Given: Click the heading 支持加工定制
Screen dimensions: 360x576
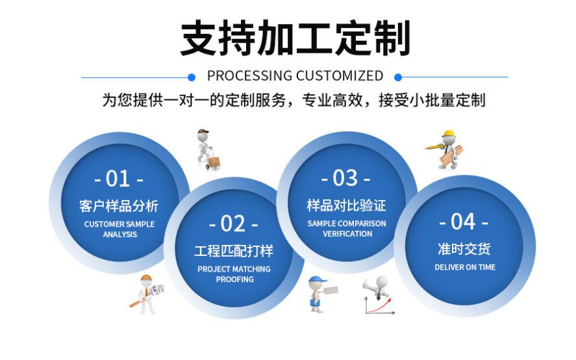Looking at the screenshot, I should [295, 38].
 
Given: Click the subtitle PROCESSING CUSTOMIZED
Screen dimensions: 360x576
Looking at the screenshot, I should [295, 76].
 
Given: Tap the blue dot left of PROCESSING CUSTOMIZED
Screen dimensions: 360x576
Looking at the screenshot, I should [191, 77].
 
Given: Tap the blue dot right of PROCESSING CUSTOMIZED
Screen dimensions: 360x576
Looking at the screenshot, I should [398, 77].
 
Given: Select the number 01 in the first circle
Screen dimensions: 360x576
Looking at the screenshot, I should [119, 178].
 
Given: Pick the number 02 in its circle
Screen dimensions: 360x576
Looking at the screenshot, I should [233, 224].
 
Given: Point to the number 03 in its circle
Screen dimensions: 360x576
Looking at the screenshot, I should [345, 177].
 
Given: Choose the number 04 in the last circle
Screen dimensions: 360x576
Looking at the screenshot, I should [464, 222].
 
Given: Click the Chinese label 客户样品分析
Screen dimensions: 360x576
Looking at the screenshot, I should [119, 206].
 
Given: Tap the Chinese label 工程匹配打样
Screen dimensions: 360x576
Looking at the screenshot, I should [234, 251].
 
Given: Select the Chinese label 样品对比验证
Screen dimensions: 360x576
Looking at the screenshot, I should [346, 205].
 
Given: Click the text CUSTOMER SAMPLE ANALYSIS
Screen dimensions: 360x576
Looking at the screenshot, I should [119, 229].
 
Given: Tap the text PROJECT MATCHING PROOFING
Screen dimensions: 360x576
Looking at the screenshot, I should [234, 274].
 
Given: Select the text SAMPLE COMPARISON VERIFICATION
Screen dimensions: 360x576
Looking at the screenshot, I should [347, 228].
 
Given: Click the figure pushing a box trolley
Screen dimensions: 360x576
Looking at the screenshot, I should [208, 149].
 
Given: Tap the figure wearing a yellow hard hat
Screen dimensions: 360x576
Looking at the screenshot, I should [447, 149].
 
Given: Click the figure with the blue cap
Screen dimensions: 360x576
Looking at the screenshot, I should [319, 293].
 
